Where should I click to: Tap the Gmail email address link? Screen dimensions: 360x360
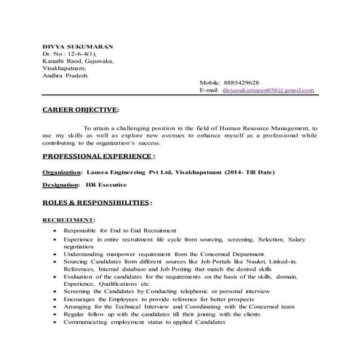(x=267, y=90)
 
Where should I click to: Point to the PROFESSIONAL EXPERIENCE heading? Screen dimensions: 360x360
(x=97, y=156)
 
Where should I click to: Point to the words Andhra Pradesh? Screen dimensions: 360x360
(x=65, y=75)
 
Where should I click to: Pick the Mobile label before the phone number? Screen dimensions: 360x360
(x=211, y=83)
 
